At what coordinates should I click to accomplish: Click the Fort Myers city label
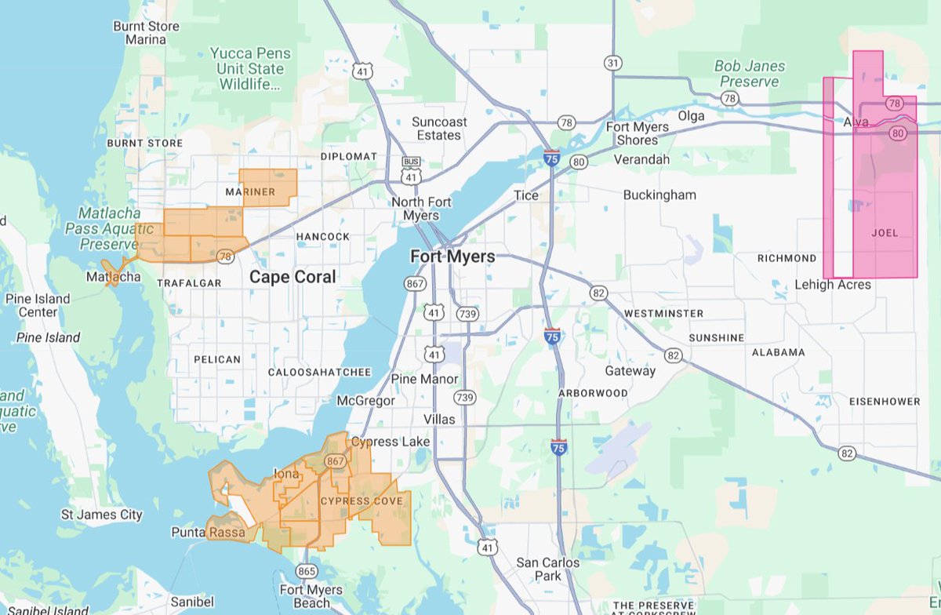pos(452,257)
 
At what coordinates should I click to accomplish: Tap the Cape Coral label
pos(292,277)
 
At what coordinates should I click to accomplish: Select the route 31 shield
pos(612,62)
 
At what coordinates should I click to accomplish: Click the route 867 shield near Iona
pos(335,461)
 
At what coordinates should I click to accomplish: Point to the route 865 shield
pos(307,570)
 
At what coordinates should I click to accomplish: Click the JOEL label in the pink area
pos(885,233)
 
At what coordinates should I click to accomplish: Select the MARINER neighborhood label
pos(250,191)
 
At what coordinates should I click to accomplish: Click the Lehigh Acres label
pos(832,284)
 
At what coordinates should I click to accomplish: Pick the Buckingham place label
pos(659,195)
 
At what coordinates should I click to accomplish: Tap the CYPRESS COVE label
pos(362,500)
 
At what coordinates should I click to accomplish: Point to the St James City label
pos(102,515)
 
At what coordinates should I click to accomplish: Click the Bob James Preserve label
pos(750,74)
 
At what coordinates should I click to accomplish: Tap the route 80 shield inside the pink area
pos(898,133)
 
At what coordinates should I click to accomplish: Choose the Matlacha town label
pos(114,277)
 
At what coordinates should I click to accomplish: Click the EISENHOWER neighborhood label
pos(885,401)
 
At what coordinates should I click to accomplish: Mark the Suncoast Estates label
pos(439,129)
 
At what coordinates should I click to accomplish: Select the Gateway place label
pos(630,371)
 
